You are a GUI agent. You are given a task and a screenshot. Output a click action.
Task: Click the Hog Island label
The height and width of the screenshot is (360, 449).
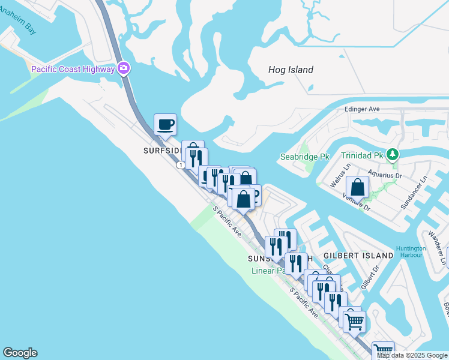[291, 70]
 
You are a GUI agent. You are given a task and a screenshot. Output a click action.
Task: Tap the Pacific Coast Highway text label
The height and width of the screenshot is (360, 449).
[73, 69]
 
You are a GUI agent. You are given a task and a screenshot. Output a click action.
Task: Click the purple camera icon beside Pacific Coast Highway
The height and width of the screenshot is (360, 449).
[124, 68]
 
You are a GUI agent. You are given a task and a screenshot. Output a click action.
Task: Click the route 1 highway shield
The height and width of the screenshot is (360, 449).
[180, 164]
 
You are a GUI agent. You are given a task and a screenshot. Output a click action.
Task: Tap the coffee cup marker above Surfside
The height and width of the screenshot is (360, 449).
[166, 125]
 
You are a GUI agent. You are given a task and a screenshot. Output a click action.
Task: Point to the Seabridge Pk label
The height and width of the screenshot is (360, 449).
[306, 157]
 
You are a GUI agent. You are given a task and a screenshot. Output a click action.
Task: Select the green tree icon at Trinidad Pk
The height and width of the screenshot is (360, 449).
[393, 155]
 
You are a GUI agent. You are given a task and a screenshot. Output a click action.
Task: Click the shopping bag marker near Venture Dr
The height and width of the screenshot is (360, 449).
[358, 187]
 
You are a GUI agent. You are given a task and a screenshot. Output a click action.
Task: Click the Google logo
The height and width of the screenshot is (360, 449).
[20, 353]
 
